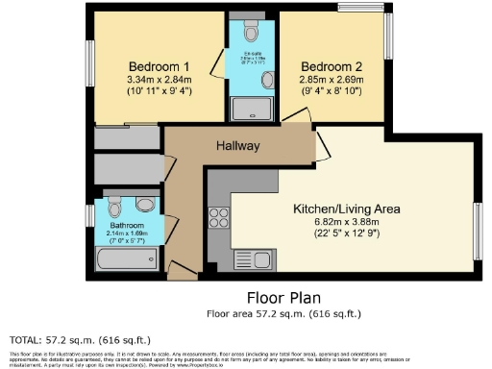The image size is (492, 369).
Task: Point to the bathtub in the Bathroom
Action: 127,258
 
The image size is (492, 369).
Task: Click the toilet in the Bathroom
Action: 115,206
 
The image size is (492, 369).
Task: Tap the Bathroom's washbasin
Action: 145,204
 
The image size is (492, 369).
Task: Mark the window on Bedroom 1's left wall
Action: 87,62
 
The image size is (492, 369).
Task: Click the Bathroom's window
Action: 88,217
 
